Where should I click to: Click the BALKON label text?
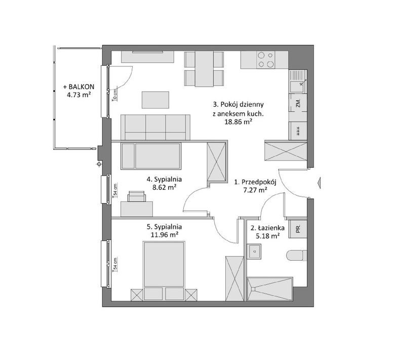(x=81, y=87)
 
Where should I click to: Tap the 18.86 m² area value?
(x=238, y=122)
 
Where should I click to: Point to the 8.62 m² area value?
(x=164, y=188)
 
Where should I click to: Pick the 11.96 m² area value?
(x=164, y=235)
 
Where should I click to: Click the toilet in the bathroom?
(x=296, y=256)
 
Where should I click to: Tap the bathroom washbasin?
(x=254, y=251)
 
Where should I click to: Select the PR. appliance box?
(x=298, y=229)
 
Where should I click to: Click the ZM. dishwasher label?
(x=298, y=103)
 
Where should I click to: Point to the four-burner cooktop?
(x=265, y=60)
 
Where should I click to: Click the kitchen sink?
(x=297, y=82)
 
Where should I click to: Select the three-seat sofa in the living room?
(x=155, y=127)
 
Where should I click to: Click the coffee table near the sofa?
(x=155, y=100)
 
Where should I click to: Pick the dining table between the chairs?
(x=204, y=69)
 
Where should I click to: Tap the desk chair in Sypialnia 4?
(x=137, y=196)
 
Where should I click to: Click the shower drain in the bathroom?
(x=253, y=289)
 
